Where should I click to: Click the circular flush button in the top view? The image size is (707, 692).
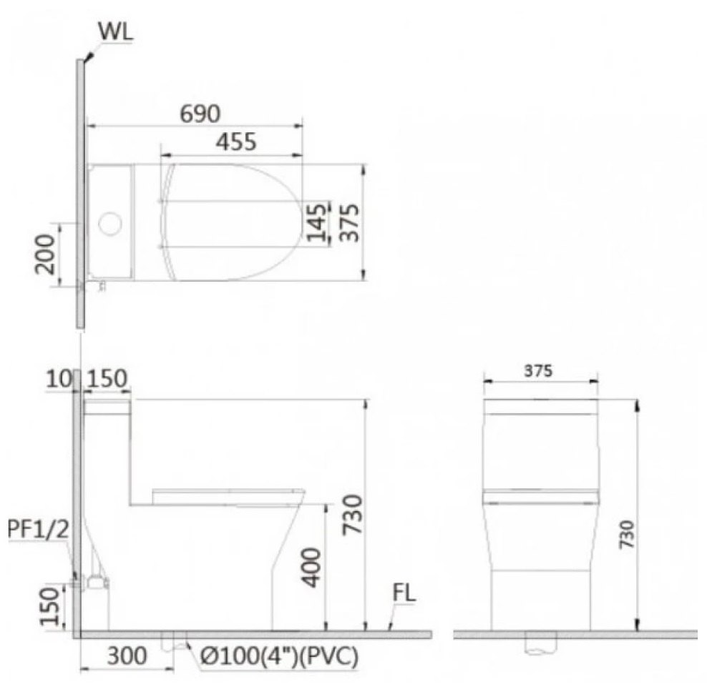click(x=109, y=224)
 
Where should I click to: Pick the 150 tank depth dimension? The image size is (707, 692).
click(x=107, y=379)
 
